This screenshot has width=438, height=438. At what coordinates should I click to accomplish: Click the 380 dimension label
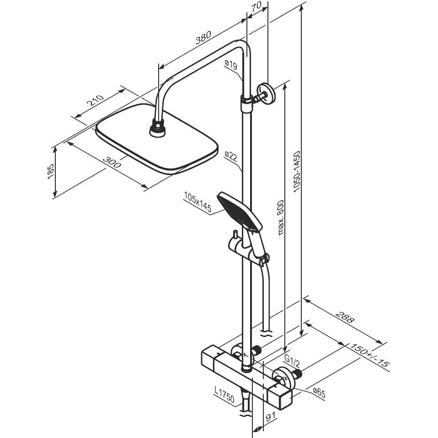[x=203, y=37]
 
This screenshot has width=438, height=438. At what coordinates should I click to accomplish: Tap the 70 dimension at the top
[x=256, y=6]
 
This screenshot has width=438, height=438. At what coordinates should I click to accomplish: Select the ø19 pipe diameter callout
[x=231, y=65]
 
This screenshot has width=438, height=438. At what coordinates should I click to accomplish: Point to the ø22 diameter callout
[x=231, y=156]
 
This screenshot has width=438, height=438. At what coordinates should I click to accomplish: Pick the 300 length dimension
[x=112, y=162]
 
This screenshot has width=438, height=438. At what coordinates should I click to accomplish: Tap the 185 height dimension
[x=50, y=171]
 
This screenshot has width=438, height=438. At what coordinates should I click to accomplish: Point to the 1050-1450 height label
[x=296, y=171]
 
